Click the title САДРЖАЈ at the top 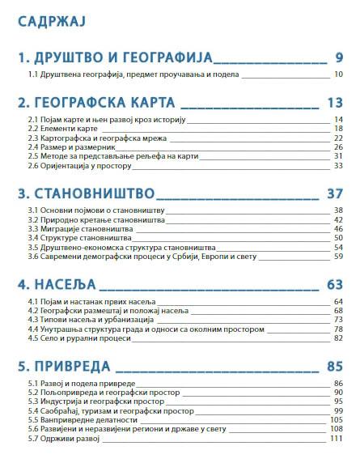pos(53,17)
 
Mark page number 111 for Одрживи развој pos(337,439)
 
